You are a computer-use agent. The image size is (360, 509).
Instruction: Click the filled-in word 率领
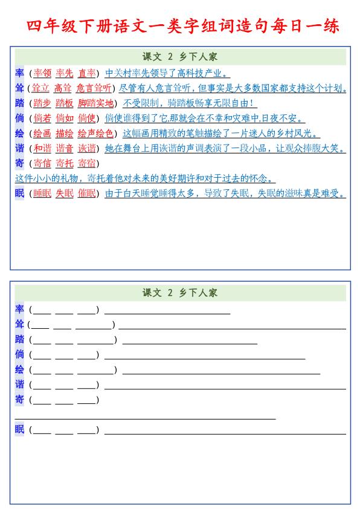tap(42, 73)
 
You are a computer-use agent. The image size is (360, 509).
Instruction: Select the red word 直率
tap(87, 73)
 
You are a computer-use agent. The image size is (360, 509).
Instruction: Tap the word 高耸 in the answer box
tap(63, 88)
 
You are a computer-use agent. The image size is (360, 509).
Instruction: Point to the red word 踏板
tap(64, 103)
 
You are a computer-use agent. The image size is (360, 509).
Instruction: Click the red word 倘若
tap(42, 118)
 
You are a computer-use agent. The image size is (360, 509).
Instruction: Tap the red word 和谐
tap(42, 149)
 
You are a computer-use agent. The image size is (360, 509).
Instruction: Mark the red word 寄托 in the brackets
tap(65, 164)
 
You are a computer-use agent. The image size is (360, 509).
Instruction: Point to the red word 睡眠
tap(42, 194)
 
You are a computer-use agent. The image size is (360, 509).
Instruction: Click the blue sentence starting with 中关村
tap(167, 73)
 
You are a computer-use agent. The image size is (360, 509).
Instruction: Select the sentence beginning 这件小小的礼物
tap(145, 179)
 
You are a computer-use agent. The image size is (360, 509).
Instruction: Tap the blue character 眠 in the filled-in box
tap(20, 194)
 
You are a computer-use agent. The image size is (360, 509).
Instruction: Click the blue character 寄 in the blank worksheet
tap(20, 399)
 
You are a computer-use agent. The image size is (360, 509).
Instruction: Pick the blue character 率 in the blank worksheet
tap(20, 310)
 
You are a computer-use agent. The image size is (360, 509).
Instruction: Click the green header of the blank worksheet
tap(180, 293)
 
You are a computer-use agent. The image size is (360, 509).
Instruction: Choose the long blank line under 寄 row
tap(145, 418)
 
